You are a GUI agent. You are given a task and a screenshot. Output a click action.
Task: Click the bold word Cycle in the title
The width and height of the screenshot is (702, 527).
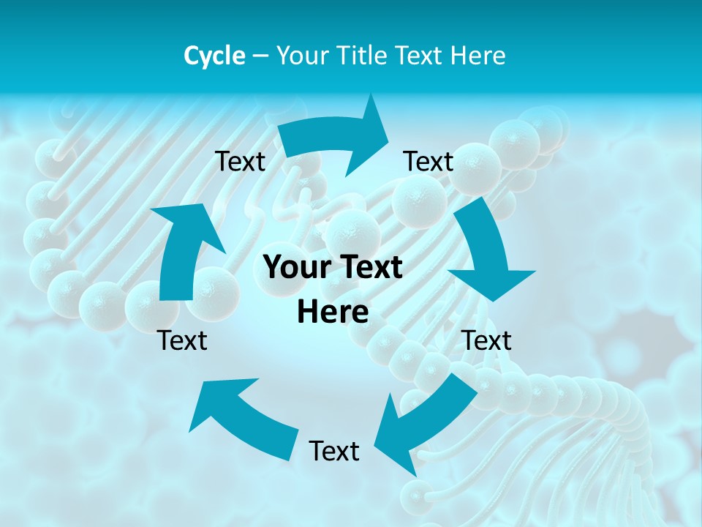[x=214, y=56]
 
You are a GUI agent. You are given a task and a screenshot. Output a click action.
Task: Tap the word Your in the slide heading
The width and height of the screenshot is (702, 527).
[x=302, y=56]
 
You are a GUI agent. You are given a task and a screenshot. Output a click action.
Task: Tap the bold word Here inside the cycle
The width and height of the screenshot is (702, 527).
[x=333, y=312]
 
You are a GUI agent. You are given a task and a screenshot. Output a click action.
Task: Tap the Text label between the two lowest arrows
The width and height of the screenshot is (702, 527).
[x=334, y=451]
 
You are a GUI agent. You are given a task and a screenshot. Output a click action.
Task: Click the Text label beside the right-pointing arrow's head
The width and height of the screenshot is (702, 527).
[x=429, y=161]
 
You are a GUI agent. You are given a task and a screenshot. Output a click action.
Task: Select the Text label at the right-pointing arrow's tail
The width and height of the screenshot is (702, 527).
[x=240, y=161]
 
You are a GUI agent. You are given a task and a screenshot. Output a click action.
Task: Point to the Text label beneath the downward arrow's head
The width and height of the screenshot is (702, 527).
[x=487, y=340]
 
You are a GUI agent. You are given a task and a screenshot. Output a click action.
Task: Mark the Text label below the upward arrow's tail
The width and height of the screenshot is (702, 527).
[x=182, y=340]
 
